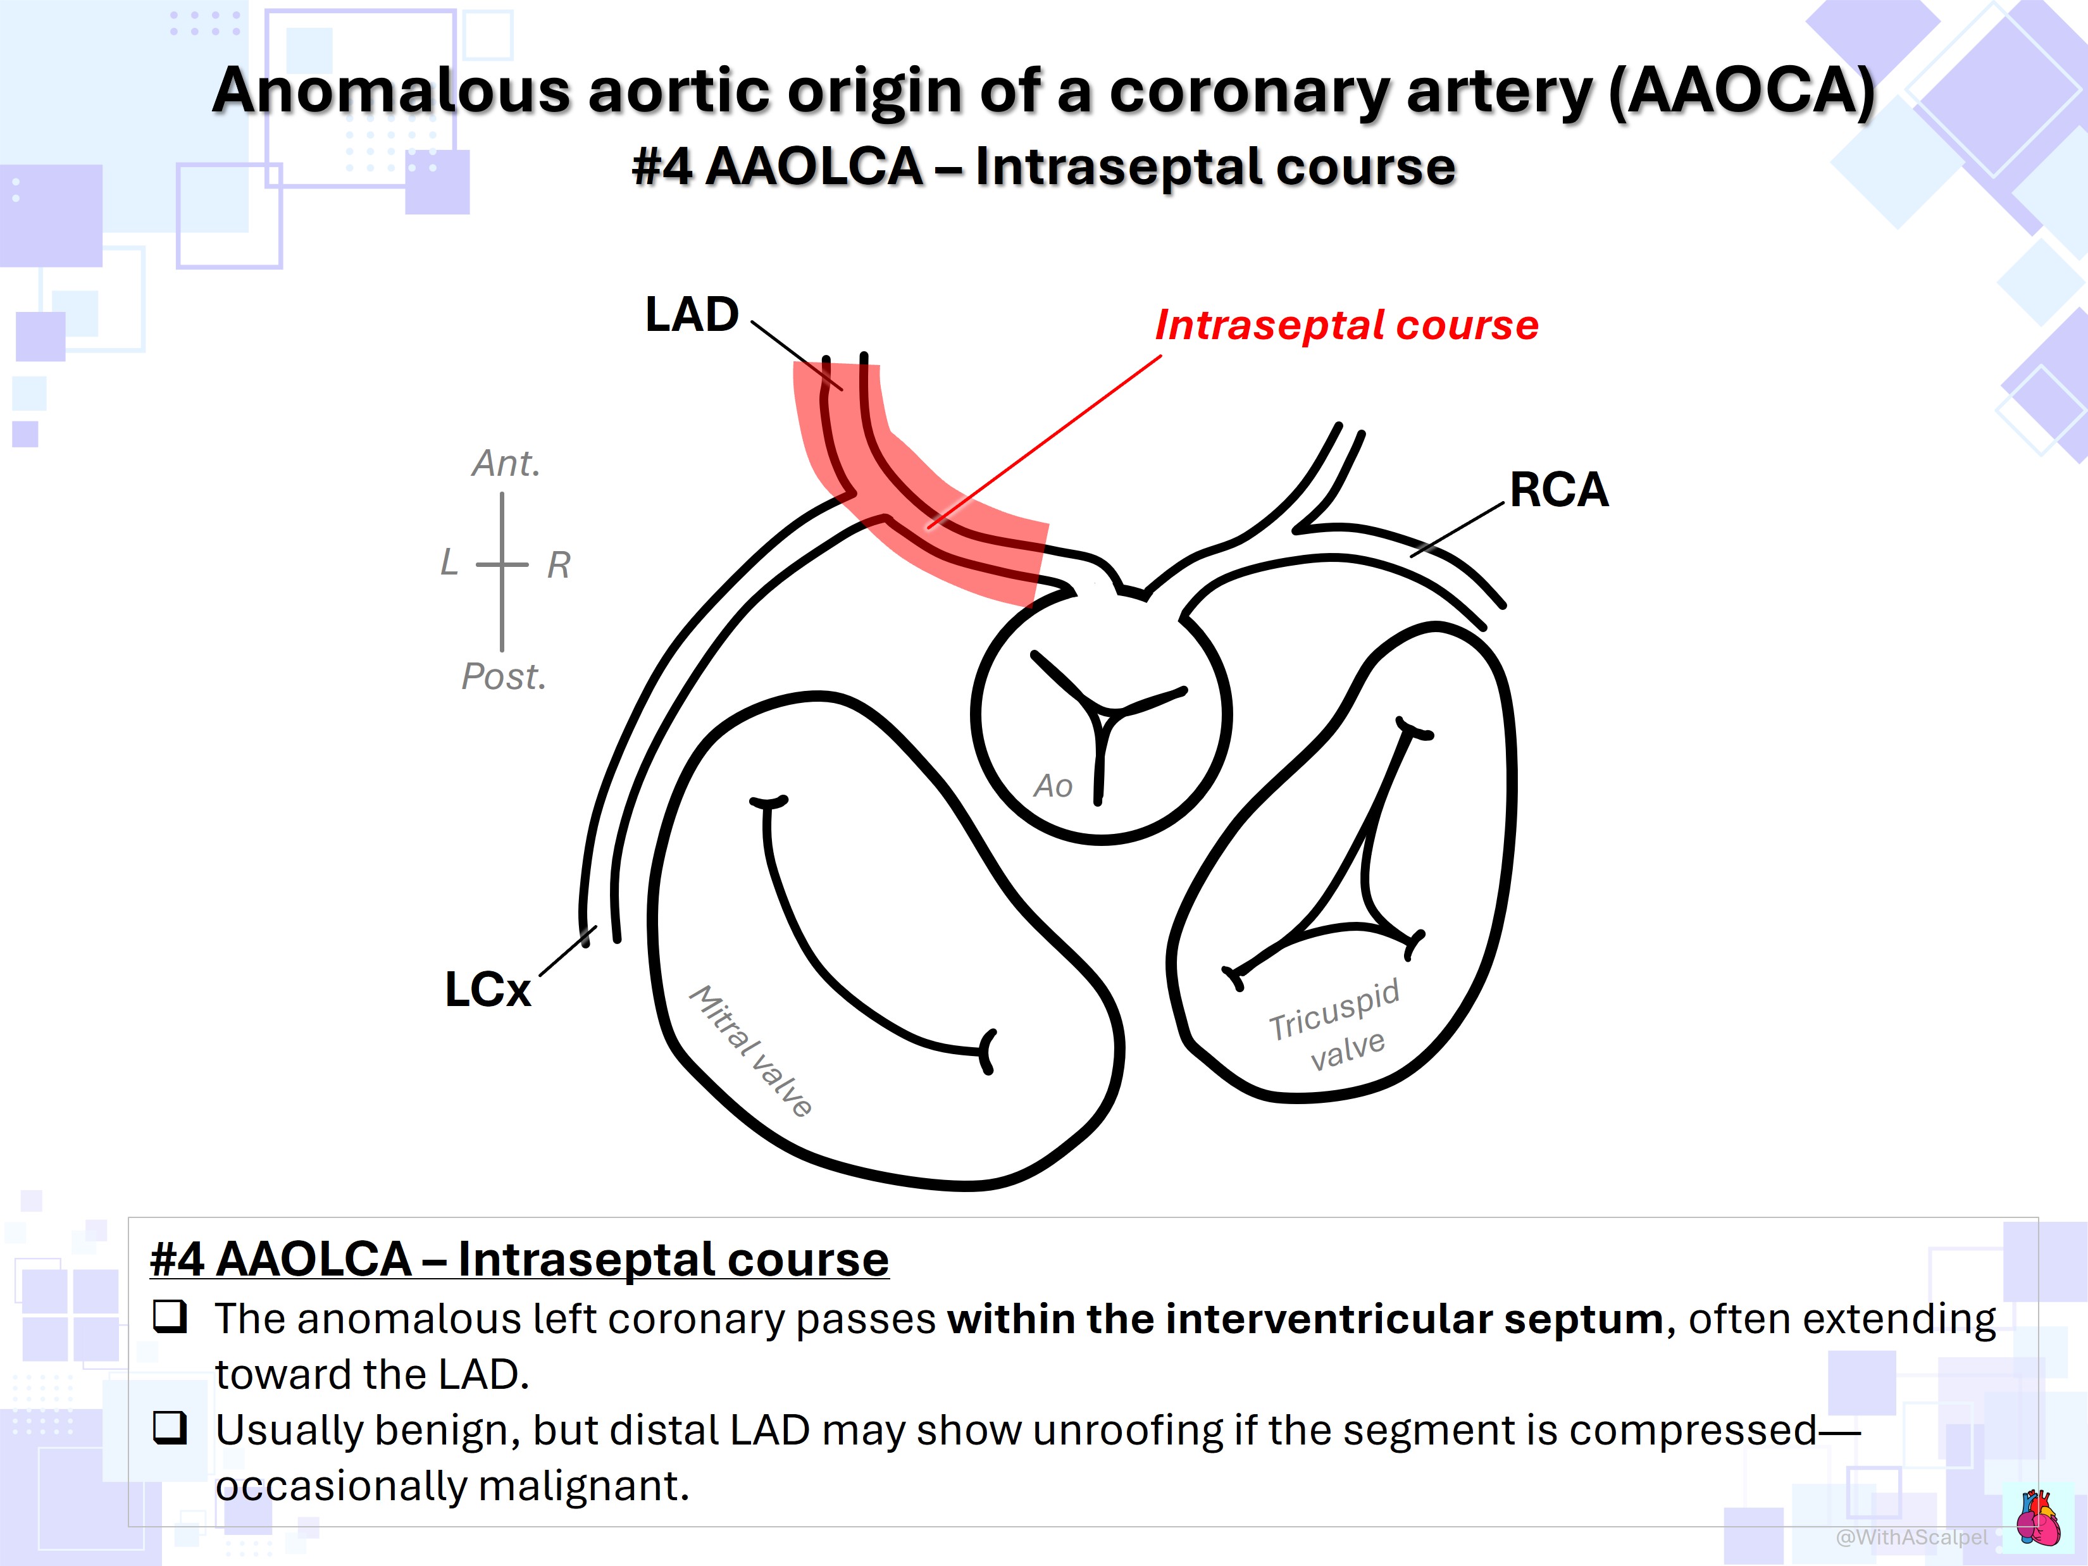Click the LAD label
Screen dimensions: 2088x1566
pos(692,314)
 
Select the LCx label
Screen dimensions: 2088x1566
pos(488,990)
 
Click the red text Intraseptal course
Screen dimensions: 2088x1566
pos(1347,325)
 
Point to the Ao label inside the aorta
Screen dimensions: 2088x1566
pos(1053,785)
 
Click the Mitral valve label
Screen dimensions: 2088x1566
pos(752,1050)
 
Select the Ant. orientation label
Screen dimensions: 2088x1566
pos(506,464)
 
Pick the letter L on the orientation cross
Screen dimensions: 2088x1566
pos(449,562)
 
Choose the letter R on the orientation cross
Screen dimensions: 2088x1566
pos(559,566)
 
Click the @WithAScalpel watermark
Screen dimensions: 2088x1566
pos(1911,1538)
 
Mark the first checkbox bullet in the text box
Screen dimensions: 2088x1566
pos(171,1316)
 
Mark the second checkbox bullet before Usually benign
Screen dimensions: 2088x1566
pos(171,1427)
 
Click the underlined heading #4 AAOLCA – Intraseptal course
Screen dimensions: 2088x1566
pos(519,1259)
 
